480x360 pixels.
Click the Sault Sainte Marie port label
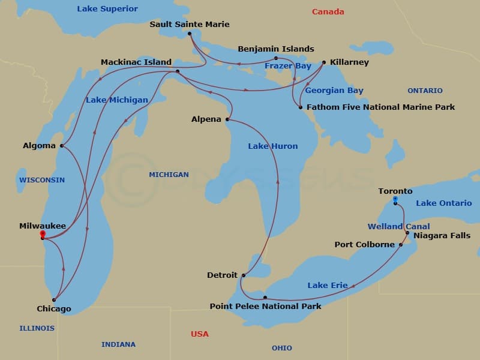click(190, 25)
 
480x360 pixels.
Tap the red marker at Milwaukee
click(43, 233)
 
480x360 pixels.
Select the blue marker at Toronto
click(395, 199)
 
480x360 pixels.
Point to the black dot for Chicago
click(54, 299)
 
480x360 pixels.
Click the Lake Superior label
click(107, 9)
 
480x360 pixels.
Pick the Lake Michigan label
click(117, 100)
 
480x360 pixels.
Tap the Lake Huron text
click(273, 146)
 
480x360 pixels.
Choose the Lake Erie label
click(328, 286)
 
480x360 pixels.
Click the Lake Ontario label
click(444, 203)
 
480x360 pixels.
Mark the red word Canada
click(328, 12)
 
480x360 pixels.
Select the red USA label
click(200, 334)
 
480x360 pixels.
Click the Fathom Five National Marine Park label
click(380, 107)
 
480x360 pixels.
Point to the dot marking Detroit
click(244, 275)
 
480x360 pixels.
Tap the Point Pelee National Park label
click(265, 307)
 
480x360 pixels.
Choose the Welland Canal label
click(399, 227)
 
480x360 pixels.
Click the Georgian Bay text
click(334, 91)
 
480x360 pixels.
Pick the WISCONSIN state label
click(42, 180)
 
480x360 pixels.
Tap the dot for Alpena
click(227, 119)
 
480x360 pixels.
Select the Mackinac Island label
click(136, 62)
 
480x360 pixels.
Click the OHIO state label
click(282, 348)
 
